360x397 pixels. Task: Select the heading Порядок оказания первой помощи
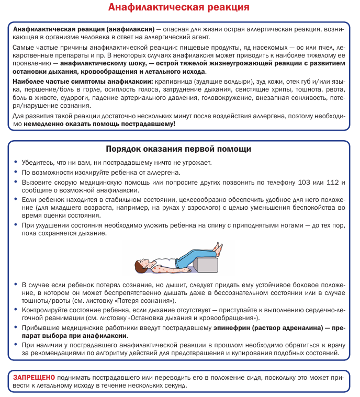[x=179, y=149]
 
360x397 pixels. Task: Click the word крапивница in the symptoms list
[x=173, y=82]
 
